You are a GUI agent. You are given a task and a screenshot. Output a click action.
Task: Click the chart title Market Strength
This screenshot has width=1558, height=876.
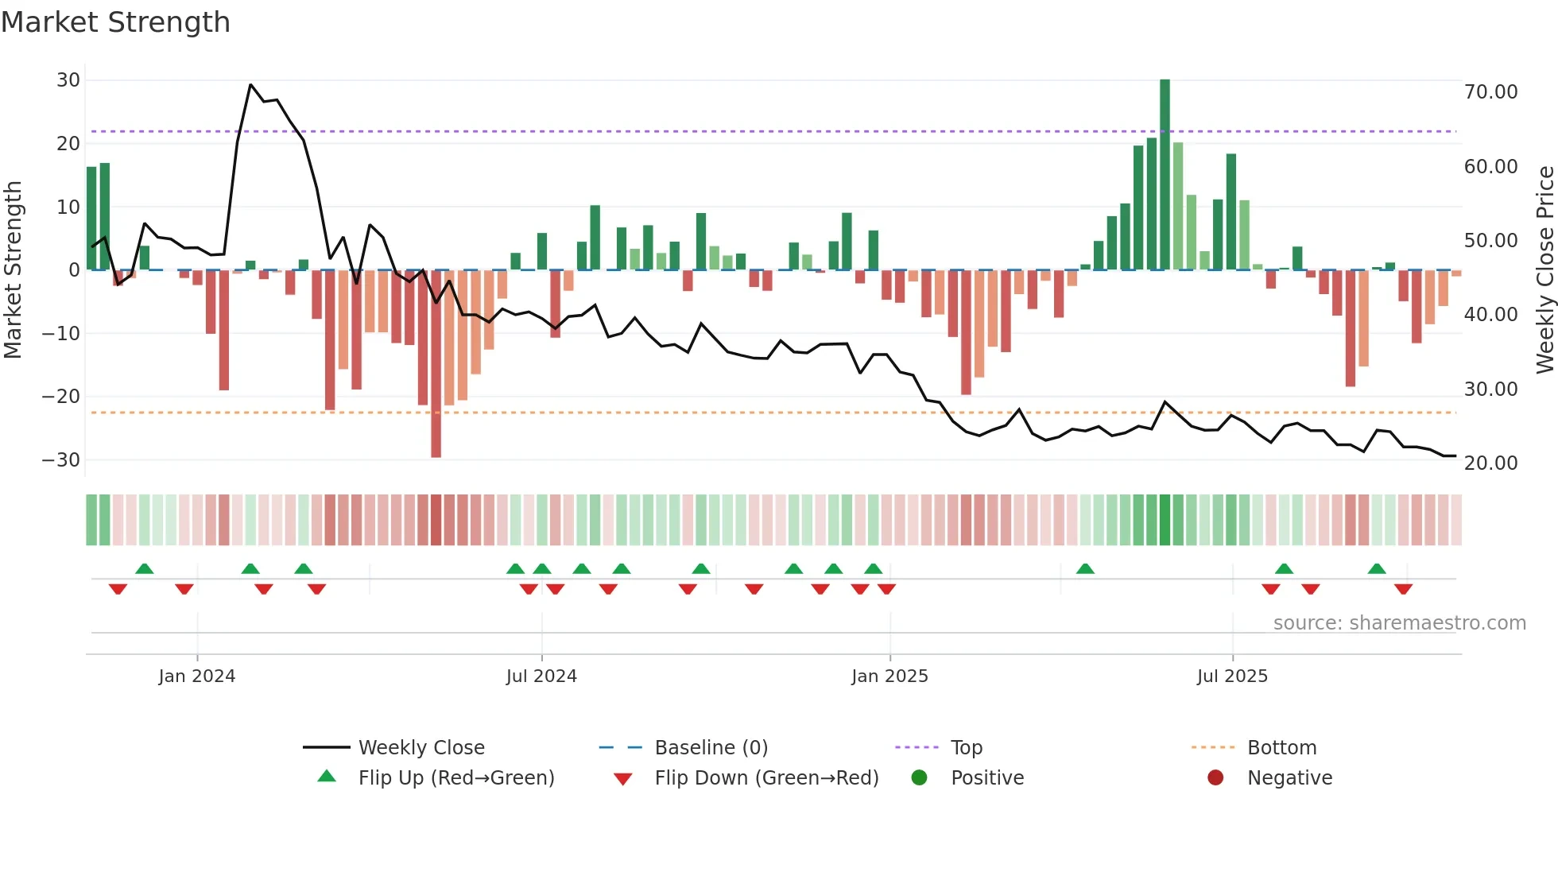[115, 22]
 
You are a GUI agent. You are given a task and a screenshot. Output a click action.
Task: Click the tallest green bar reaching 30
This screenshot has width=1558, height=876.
[1165, 175]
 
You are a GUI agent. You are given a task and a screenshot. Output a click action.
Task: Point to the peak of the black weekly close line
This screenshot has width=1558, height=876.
[250, 84]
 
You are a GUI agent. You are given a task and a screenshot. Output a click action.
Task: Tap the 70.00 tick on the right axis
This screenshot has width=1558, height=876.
[1490, 92]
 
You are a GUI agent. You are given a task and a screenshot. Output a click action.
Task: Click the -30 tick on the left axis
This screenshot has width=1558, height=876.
[61, 460]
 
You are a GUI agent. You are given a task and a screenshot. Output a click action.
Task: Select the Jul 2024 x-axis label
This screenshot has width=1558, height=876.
[541, 676]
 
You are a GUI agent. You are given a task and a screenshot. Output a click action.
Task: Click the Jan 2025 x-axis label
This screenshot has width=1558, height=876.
[889, 676]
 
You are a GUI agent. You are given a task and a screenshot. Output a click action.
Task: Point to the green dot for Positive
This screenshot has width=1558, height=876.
[920, 778]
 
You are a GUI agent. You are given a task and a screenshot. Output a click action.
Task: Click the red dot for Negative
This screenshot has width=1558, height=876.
[1215, 778]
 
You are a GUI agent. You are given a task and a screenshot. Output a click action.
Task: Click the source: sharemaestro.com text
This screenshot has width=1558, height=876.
[1399, 623]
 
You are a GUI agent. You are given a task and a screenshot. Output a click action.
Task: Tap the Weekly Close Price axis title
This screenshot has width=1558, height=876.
[1544, 270]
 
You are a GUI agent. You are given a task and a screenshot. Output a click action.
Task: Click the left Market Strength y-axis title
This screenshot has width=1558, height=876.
[14, 270]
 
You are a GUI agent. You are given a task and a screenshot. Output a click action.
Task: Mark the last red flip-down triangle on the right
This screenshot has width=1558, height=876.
[1403, 589]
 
